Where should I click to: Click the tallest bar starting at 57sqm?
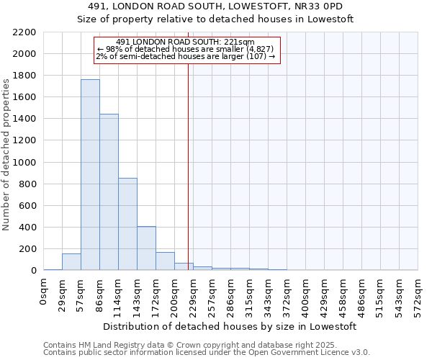pos(90,175)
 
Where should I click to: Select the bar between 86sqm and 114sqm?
pos(109,192)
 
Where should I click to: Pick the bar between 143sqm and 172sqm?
pos(146,248)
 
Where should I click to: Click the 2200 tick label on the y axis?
pos(24,32)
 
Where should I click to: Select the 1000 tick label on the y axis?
pos(24,163)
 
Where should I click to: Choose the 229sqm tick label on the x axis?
pos(193,294)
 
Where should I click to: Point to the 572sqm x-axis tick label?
pos(418,294)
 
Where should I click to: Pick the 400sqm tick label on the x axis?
pos(305,294)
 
